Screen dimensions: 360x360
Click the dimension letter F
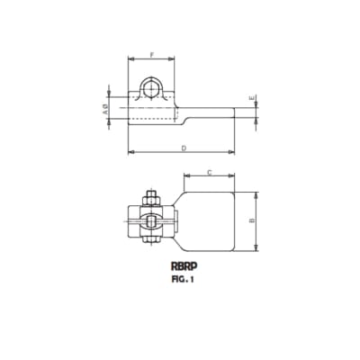click(x=150, y=56)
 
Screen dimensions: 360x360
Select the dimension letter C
click(x=209, y=172)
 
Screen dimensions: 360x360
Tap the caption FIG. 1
click(x=184, y=280)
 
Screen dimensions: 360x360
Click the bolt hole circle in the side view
click(x=152, y=90)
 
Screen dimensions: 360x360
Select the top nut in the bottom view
click(x=149, y=196)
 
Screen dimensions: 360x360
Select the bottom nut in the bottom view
click(x=149, y=241)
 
